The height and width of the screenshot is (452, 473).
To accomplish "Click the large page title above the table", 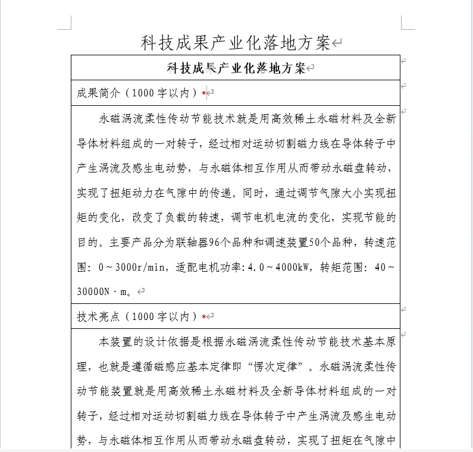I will pyautogui.click(x=236, y=42).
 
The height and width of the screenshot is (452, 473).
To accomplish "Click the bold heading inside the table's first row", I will pyautogui.click(x=236, y=68).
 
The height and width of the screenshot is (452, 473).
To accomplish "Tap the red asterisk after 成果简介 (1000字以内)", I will pyautogui.click(x=203, y=94).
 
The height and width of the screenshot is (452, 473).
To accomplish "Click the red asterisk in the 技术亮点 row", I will pyautogui.click(x=203, y=317).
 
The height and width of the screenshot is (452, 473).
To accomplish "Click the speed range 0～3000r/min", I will pyautogui.click(x=134, y=267).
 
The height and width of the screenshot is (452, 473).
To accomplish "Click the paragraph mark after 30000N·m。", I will pyautogui.click(x=141, y=291).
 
